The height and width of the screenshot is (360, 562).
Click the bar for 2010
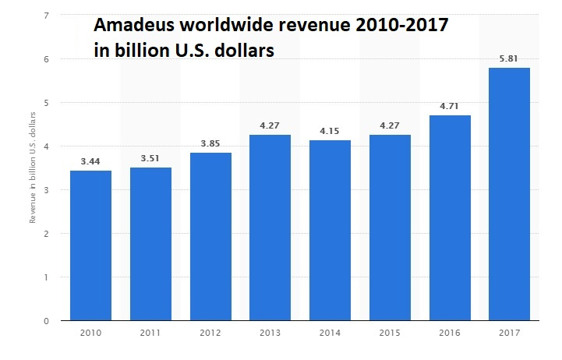[90, 245]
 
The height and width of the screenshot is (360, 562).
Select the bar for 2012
[210, 236]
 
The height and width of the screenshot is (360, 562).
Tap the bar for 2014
[330, 230]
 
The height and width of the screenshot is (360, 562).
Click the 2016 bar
[450, 218]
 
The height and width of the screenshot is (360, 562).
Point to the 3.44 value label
[90, 161]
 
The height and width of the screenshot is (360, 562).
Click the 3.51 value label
[150, 158]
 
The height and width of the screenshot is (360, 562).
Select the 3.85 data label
[210, 143]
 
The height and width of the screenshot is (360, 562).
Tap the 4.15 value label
[330, 131]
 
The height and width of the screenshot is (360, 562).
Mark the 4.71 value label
[450, 106]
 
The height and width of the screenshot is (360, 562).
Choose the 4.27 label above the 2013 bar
[270, 125]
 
